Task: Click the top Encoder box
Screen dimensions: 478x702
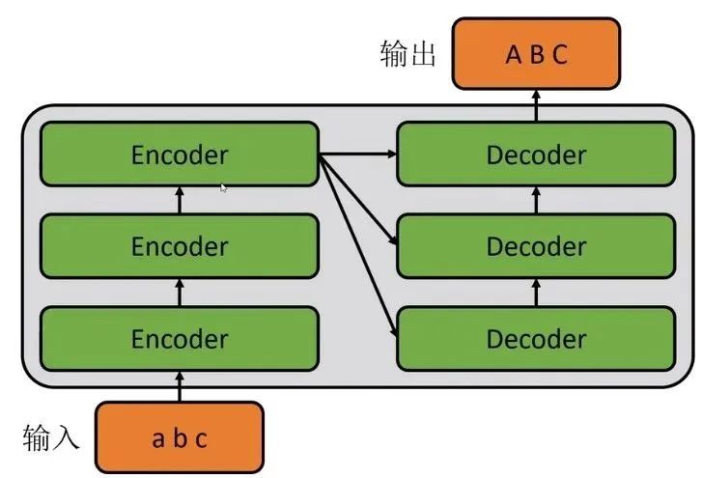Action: (180, 154)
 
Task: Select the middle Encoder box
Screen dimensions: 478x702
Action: (180, 246)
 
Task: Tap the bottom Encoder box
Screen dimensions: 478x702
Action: (180, 339)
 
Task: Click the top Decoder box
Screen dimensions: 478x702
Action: (536, 154)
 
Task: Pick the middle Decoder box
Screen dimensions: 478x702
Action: (536, 246)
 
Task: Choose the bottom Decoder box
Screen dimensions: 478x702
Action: (536, 339)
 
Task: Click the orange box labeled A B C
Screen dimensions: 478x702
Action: (536, 53)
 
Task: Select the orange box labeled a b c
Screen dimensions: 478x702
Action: (180, 438)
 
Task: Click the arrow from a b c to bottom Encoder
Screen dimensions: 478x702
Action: (180, 386)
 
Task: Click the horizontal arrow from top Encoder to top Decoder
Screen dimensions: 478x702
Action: (358, 154)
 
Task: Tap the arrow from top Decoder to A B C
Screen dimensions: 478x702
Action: (536, 105)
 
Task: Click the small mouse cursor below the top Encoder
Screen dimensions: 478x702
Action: (224, 188)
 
